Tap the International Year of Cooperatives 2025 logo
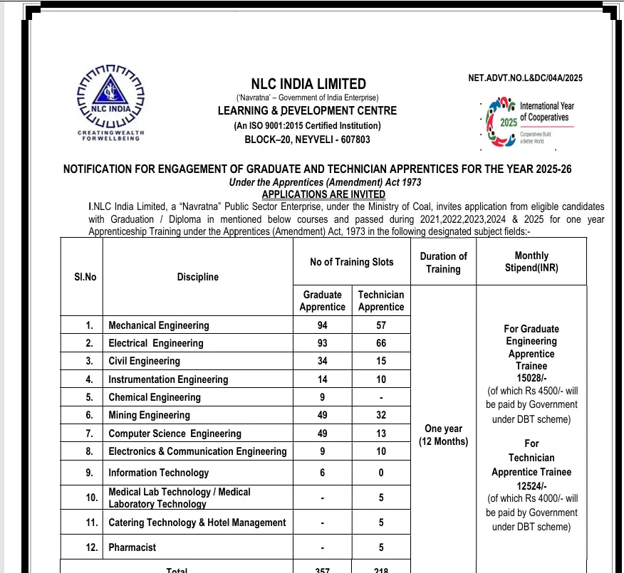tap(529, 122)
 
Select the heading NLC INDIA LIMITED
tap(308, 84)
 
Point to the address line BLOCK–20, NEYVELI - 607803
tap(307, 140)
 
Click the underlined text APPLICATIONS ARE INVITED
tap(323, 194)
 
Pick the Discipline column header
tap(197, 277)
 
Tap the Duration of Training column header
tap(443, 262)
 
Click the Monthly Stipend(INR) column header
tap(531, 262)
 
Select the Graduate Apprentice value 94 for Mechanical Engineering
tap(322, 325)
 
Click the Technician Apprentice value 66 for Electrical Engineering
tap(380, 343)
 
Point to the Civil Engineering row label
tap(144, 361)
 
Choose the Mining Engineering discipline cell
tap(149, 415)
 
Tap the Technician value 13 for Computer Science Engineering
tap(380, 433)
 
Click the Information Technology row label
tap(158, 473)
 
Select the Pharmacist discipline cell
tap(132, 547)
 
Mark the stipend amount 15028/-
tap(531, 378)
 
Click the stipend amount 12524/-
tap(531, 486)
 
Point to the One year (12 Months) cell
tap(443, 435)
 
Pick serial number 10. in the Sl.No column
tap(91, 498)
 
